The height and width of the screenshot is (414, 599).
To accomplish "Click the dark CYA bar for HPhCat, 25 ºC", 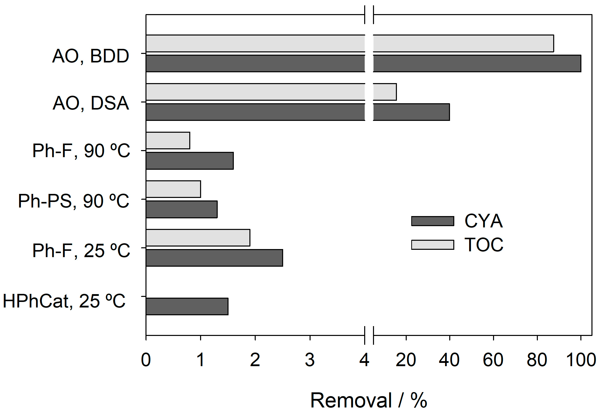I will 187,306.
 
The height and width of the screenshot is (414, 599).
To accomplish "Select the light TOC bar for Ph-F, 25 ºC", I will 198,238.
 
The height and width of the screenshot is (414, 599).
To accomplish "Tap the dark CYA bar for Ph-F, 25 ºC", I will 214,258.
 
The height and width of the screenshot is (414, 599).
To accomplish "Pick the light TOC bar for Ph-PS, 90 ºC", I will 173,189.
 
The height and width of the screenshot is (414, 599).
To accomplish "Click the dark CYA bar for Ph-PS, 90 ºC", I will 181,209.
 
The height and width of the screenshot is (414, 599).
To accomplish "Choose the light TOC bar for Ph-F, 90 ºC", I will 168,141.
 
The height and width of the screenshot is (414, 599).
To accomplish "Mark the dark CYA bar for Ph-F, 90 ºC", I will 190,161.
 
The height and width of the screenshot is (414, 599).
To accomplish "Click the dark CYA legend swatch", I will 433,221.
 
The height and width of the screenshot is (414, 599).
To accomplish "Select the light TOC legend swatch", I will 433,245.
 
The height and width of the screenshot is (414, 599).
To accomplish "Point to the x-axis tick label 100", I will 581,360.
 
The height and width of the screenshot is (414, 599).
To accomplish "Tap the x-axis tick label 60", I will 493,360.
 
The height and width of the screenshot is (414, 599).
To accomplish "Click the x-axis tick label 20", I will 406,360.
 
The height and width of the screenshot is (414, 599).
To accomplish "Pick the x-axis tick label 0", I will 146,360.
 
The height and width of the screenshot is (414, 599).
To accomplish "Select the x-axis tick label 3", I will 310,360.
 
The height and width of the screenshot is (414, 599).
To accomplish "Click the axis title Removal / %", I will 368,400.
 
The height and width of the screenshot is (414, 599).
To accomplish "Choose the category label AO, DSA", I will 91,103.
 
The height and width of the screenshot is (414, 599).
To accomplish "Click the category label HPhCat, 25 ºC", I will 64,301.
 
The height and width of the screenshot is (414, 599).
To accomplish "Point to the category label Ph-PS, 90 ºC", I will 73,201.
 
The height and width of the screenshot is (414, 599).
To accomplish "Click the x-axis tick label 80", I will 537,360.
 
